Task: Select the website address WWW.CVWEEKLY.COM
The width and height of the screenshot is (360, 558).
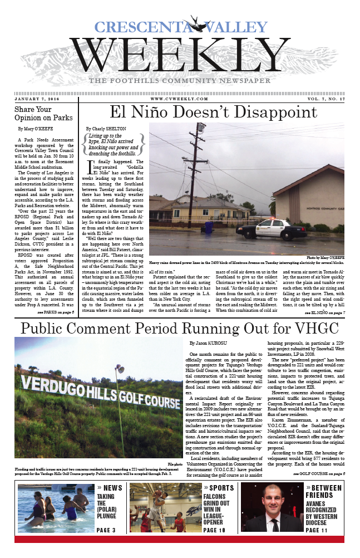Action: coord(179,99)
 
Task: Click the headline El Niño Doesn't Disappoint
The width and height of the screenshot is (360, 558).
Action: coord(214,112)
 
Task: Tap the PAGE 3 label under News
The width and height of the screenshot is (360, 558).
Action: coord(106,530)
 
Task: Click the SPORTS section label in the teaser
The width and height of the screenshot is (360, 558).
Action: coord(221,488)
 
